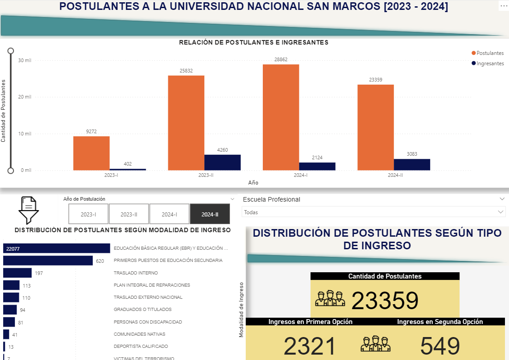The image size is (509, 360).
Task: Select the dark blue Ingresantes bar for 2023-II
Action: (x=222, y=162)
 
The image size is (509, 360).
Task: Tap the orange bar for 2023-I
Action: (x=91, y=153)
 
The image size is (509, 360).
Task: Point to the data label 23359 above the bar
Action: (x=375, y=80)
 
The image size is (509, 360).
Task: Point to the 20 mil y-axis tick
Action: (x=25, y=97)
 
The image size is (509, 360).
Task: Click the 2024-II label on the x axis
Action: (x=395, y=175)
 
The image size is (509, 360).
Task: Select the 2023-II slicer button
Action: (x=129, y=214)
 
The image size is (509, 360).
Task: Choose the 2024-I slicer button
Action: (x=169, y=214)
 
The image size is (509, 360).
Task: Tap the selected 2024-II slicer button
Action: (x=210, y=214)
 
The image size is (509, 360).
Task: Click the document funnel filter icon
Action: (x=28, y=210)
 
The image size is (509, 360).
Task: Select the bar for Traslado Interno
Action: (x=17, y=273)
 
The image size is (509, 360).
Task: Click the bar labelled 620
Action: (x=48, y=261)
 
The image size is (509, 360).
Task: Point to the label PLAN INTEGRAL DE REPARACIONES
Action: (x=152, y=285)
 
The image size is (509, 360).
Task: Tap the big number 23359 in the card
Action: (x=385, y=301)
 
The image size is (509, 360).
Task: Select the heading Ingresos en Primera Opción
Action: (x=311, y=322)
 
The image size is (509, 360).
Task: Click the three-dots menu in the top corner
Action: (x=503, y=6)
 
